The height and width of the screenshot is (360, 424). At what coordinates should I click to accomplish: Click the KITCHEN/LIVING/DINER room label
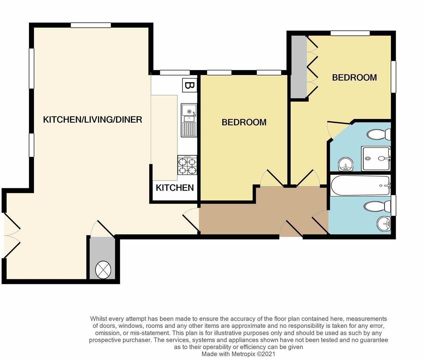93,120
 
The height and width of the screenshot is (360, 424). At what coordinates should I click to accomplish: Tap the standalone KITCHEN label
175,188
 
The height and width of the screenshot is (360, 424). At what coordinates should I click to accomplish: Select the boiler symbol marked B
189,86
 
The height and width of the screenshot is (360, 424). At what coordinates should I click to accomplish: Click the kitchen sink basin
189,109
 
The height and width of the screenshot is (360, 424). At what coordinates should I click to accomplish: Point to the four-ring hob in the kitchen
187,165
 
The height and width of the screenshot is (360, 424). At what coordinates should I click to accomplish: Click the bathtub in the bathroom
360,185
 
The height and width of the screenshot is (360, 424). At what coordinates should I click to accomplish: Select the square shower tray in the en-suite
376,159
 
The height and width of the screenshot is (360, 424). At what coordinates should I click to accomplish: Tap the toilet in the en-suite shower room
378,134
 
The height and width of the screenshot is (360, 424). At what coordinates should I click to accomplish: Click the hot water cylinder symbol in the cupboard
103,270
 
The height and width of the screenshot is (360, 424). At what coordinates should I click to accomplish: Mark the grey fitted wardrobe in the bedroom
298,67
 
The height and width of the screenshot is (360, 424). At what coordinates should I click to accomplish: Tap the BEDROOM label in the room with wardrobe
354,78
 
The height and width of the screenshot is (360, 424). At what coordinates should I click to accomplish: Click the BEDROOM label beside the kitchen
244,122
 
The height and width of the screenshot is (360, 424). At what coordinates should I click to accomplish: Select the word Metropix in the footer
242,354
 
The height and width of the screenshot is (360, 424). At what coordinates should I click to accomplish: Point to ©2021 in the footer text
266,354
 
